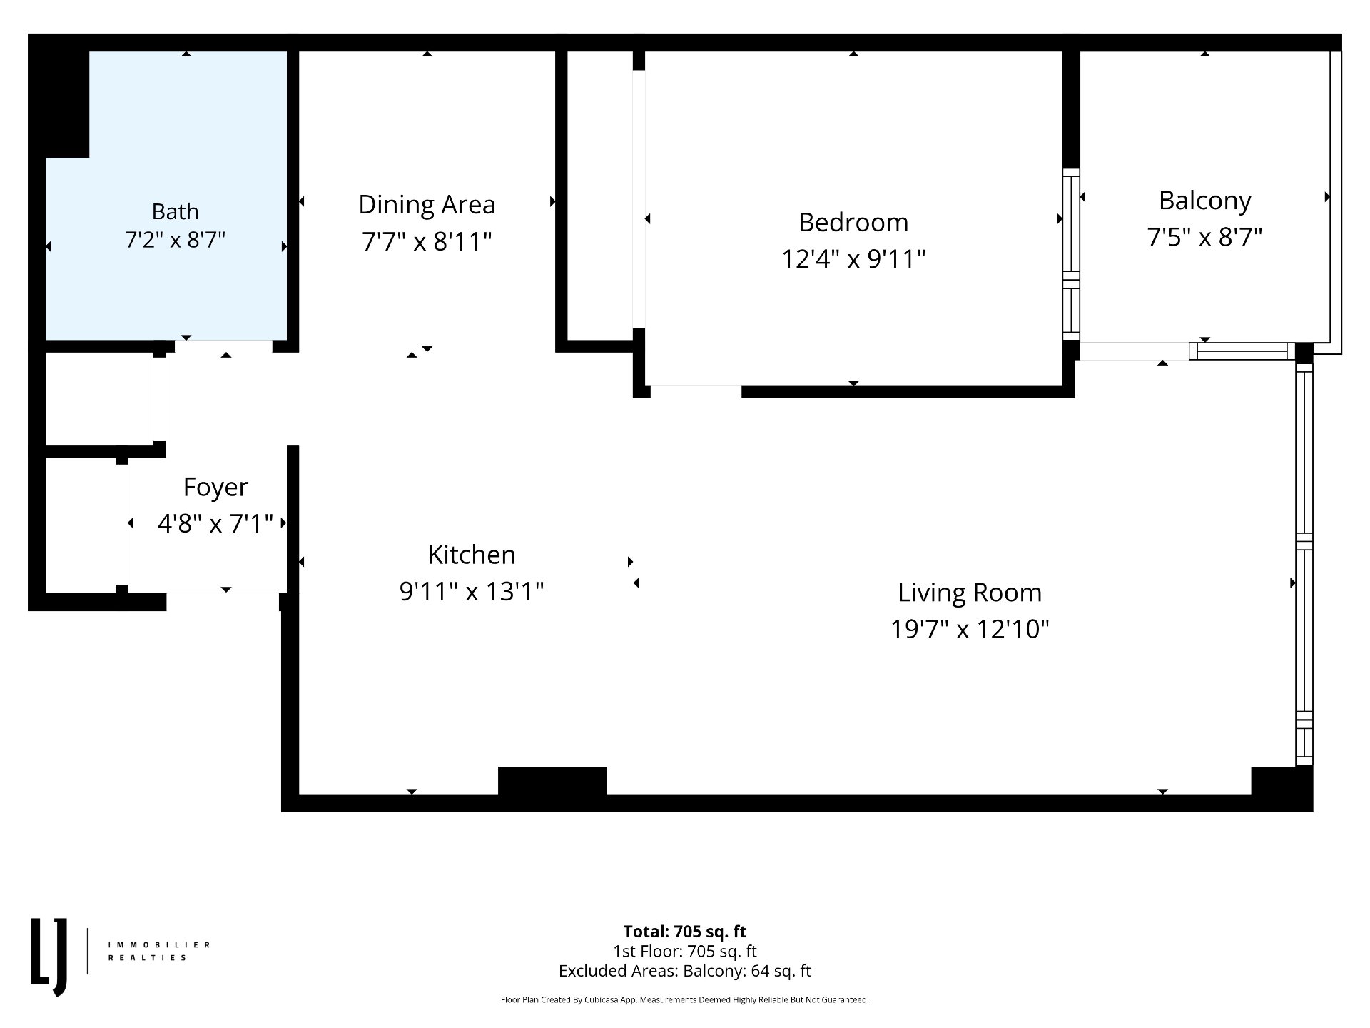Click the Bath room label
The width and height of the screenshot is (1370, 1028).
(175, 211)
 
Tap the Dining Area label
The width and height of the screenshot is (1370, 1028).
(427, 205)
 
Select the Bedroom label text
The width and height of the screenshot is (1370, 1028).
(853, 222)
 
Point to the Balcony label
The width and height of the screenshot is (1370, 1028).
(1204, 201)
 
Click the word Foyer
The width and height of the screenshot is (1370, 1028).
(215, 487)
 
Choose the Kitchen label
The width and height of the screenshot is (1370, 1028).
(472, 555)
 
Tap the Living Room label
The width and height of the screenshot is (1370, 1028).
(970, 593)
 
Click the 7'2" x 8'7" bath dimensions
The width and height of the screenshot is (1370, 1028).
(175, 240)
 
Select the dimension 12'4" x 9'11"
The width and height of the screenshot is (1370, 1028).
(853, 258)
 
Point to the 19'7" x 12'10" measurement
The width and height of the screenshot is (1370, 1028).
(970, 629)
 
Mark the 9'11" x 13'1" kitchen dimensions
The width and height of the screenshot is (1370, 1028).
(472, 591)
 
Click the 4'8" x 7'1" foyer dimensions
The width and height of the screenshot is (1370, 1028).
(215, 523)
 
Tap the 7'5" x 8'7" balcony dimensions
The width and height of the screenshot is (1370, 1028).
(1204, 237)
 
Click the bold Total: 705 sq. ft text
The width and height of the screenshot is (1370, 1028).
(685, 932)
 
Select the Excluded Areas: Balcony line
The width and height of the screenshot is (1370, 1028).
(685, 971)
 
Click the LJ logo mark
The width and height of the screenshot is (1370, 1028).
(49, 957)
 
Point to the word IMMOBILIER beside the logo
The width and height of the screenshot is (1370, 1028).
(159, 944)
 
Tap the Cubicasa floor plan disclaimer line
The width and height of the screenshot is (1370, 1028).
(685, 1000)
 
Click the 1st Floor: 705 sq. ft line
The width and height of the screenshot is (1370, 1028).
(685, 952)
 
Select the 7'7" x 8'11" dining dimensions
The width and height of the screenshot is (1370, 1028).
(427, 241)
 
